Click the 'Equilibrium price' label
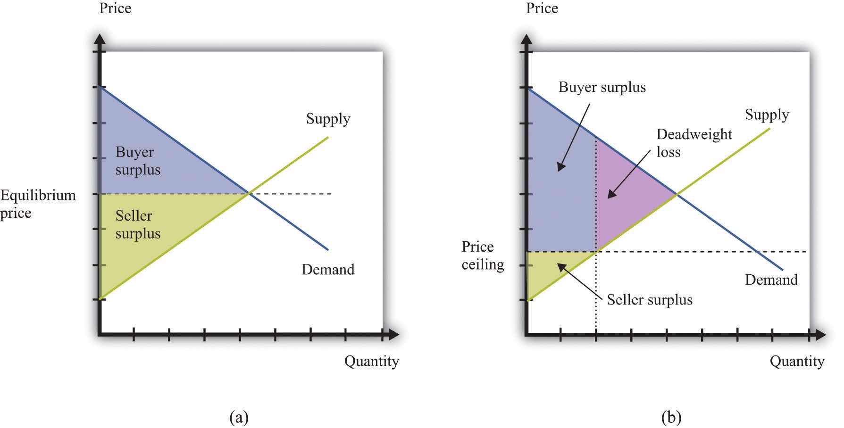[x=38, y=204]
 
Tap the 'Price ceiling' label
[x=483, y=255]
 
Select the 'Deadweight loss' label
[x=694, y=143]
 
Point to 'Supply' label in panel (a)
[x=328, y=119]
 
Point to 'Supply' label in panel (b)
[x=767, y=115]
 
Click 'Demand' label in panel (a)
[x=328, y=270]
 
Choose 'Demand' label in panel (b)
[x=771, y=280]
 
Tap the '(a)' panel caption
[x=238, y=417]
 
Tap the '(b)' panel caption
[x=671, y=417]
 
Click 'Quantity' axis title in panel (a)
[x=372, y=362]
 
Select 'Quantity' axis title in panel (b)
[x=797, y=362]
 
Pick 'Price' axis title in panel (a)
[x=115, y=8]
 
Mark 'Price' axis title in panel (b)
[x=542, y=8]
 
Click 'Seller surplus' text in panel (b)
[x=650, y=300]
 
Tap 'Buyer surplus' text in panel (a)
[x=138, y=161]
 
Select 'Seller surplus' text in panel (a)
[x=138, y=224]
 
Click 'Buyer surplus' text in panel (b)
[x=602, y=88]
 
